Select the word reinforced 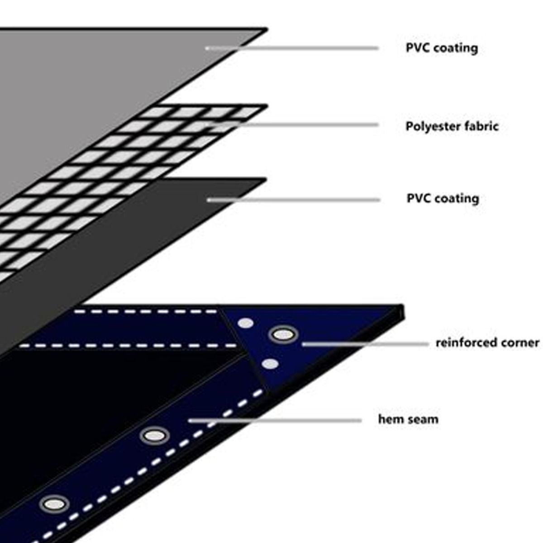click(x=460, y=343)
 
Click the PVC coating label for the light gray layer click(x=442, y=48)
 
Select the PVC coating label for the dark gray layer click(x=443, y=199)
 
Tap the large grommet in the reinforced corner click(x=283, y=335)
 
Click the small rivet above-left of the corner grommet click(x=246, y=323)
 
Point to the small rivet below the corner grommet click(x=270, y=364)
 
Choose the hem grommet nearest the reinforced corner click(x=154, y=436)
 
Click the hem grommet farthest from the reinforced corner click(x=54, y=504)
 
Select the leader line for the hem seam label click(x=276, y=420)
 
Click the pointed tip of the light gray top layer click(x=266, y=30)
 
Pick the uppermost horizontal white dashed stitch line click(x=145, y=311)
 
